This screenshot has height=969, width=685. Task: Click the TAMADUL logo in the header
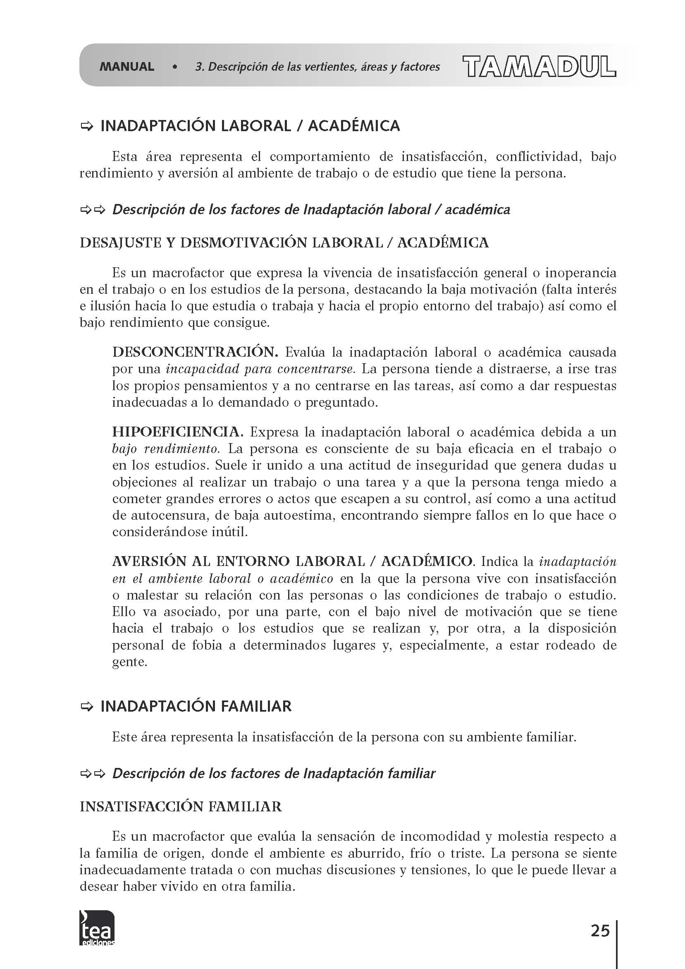[x=539, y=67]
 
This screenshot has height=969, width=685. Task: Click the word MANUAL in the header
[x=126, y=67]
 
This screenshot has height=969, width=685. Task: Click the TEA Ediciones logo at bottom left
[x=97, y=928]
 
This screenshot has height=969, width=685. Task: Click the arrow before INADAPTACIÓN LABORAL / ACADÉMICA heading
[x=86, y=126]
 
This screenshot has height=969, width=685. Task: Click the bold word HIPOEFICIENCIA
[x=178, y=432]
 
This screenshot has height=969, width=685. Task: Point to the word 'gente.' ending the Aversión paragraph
[x=130, y=662]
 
